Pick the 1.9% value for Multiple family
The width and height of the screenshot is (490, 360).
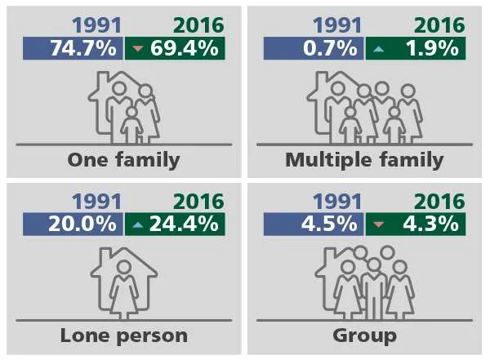click(x=430, y=48)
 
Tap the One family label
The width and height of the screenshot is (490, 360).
click(x=123, y=159)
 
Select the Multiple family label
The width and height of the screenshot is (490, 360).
click(x=364, y=159)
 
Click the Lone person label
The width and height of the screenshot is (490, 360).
click(x=123, y=335)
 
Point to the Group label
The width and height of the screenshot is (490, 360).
click(x=364, y=335)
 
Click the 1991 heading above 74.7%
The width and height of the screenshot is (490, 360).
click(x=96, y=26)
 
